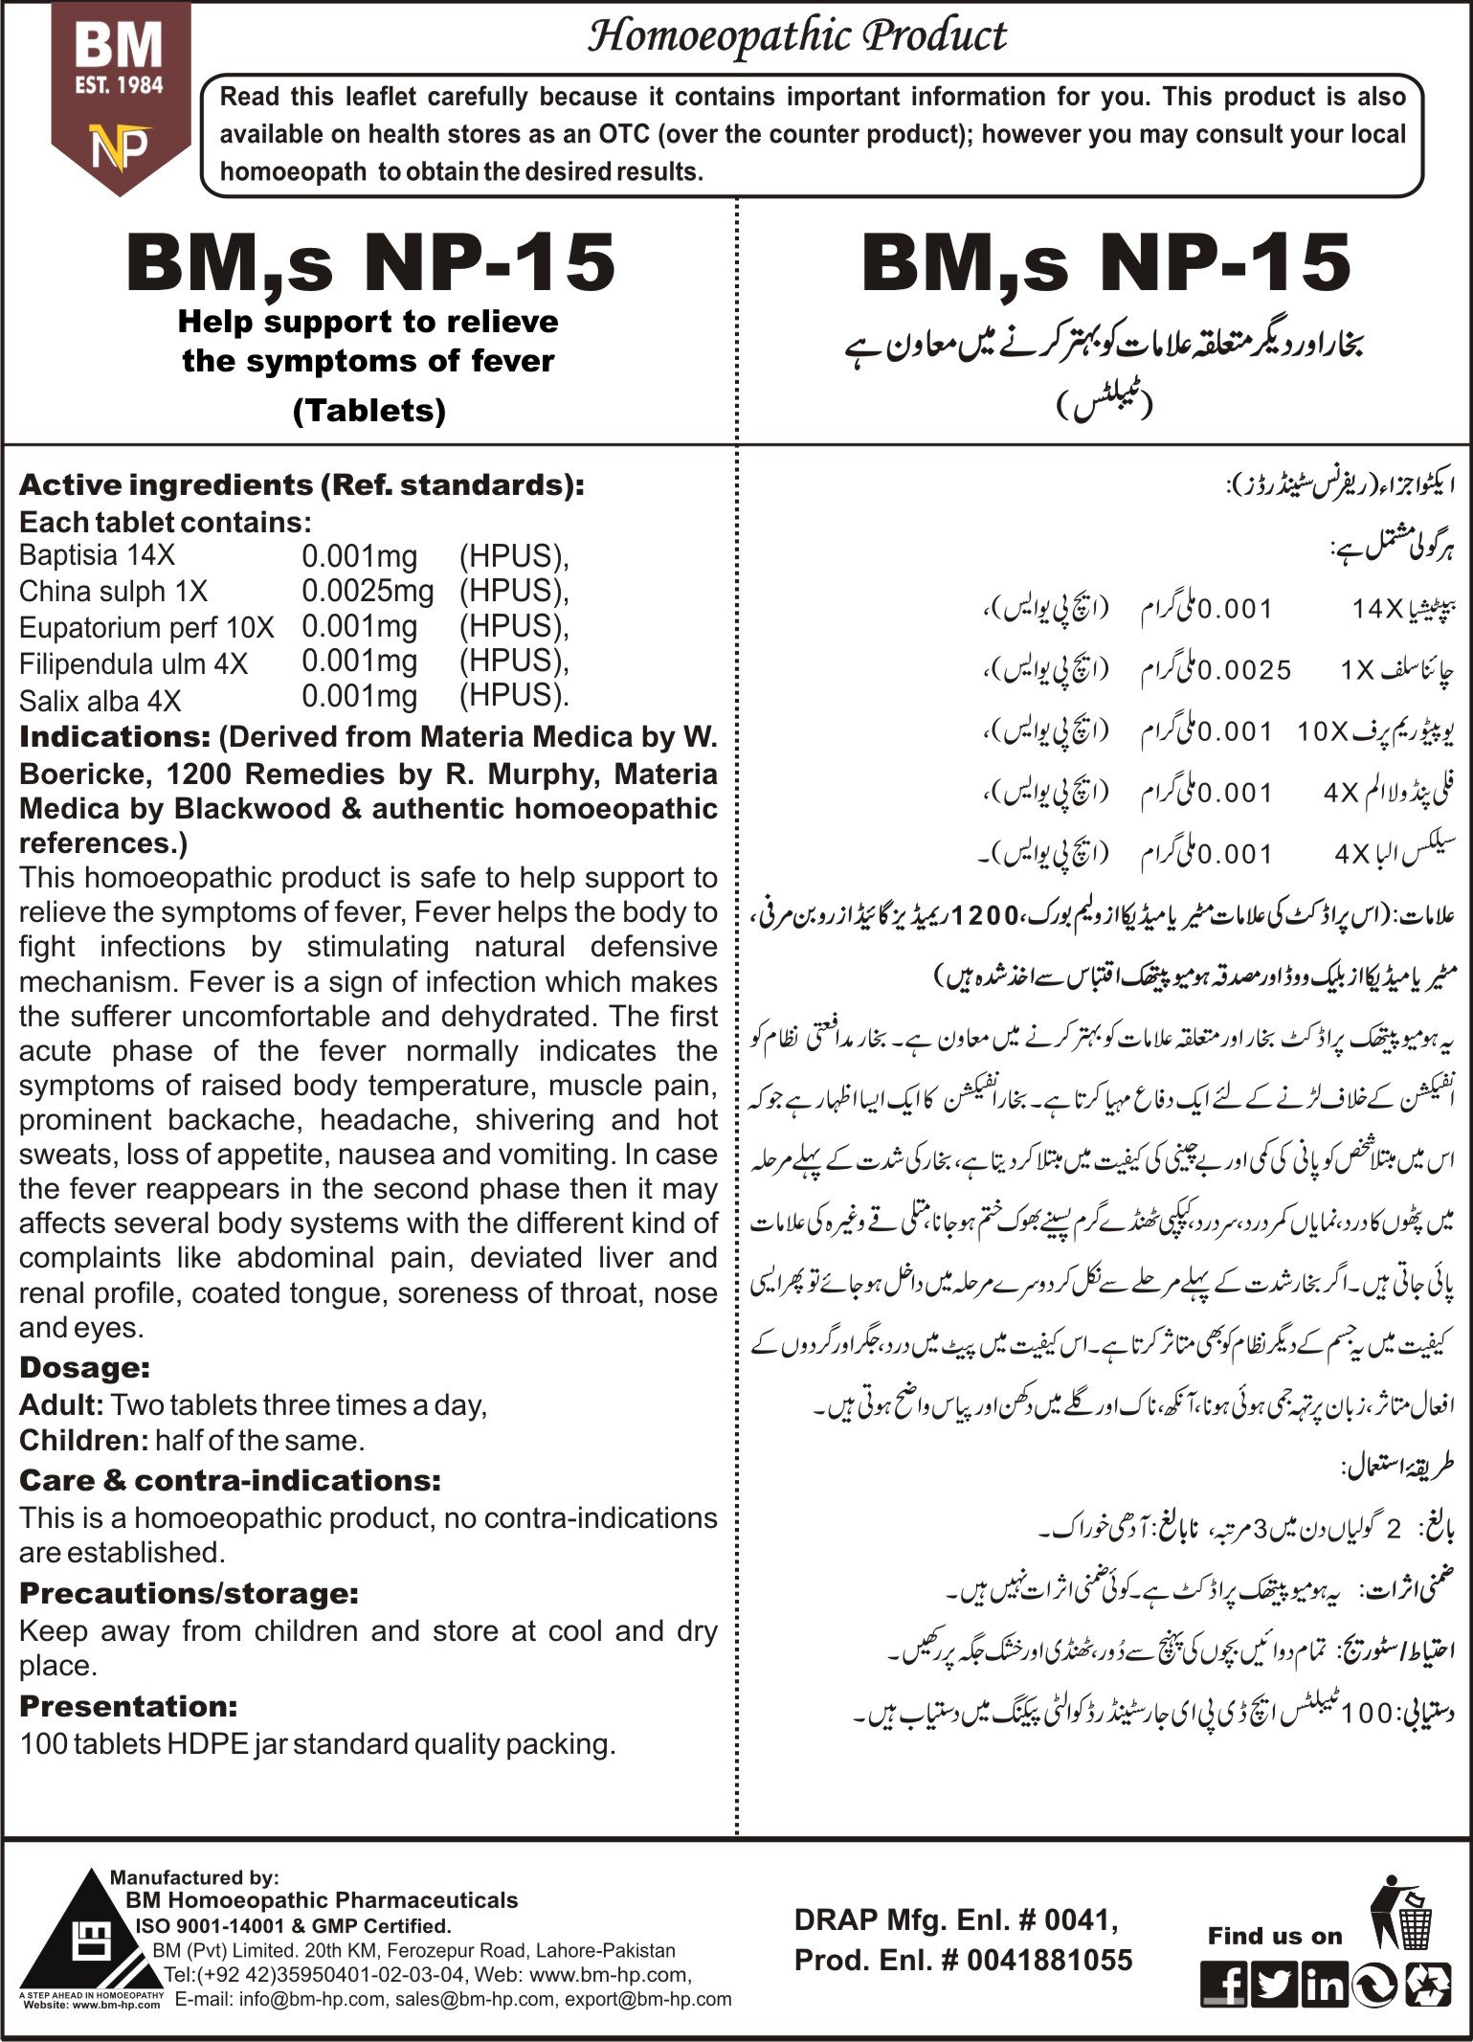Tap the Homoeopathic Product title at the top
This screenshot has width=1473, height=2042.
click(x=796, y=36)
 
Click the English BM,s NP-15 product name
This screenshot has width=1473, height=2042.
click(x=370, y=263)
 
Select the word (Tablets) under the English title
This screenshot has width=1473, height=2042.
click(x=368, y=411)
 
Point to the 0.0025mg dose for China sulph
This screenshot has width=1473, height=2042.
click(x=368, y=591)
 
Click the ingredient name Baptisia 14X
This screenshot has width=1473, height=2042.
click(x=97, y=555)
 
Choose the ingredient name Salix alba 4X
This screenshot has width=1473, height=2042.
click(x=100, y=701)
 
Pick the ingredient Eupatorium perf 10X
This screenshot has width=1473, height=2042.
click(x=146, y=628)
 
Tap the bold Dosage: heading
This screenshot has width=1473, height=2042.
click(x=84, y=1368)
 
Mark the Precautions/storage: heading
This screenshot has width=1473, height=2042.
click(x=189, y=1594)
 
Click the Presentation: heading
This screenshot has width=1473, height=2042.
click(x=128, y=1707)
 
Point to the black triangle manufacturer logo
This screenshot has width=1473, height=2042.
click(x=93, y=1934)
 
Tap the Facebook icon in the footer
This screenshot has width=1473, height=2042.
click(x=1224, y=1985)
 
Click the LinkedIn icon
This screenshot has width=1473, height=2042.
click(x=1324, y=1985)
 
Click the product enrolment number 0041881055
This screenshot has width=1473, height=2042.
click(x=1049, y=1960)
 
